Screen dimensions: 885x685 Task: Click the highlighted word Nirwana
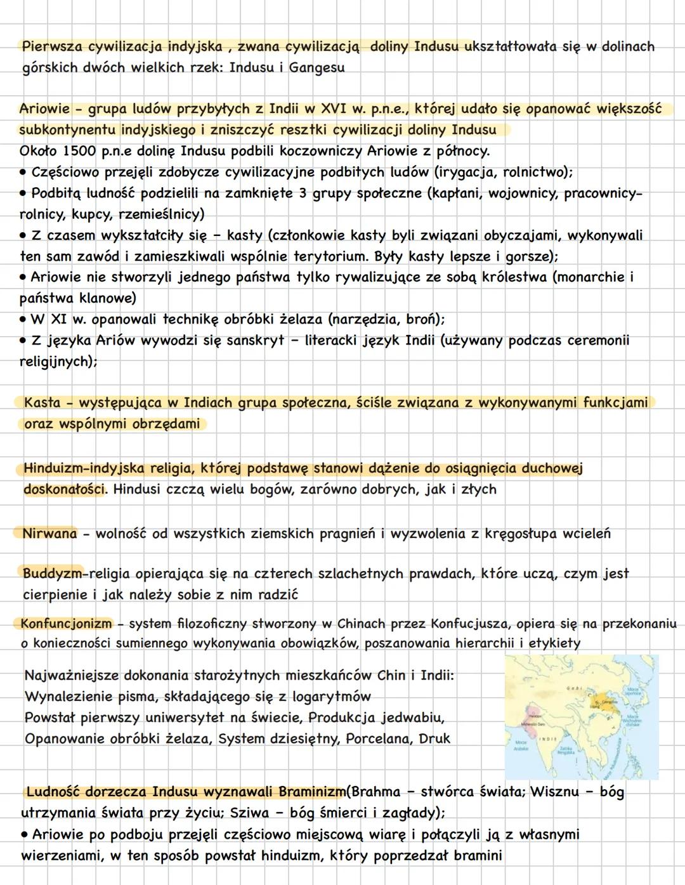[x=49, y=534]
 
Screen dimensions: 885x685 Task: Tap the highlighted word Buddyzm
[x=53, y=574]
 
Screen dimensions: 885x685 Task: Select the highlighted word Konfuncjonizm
[x=65, y=624]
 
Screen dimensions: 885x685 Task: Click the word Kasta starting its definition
[x=42, y=402]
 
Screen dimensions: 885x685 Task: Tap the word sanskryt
[x=256, y=340]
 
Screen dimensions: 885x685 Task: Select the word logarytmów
[x=331, y=697]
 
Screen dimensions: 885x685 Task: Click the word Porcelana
[x=378, y=738]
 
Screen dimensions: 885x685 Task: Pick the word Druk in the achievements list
[x=434, y=738]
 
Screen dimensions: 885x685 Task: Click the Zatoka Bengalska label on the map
[x=566, y=751]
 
